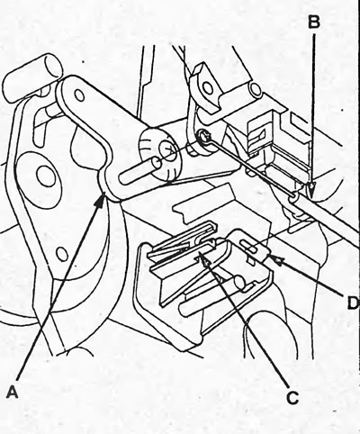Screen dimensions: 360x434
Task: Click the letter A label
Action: pyautogui.click(x=13, y=392)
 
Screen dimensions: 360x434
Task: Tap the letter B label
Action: pyautogui.click(x=314, y=23)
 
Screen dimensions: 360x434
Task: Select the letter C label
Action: pyautogui.click(x=292, y=397)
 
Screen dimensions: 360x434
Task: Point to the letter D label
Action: pyautogui.click(x=353, y=303)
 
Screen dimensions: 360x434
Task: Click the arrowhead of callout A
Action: pyautogui.click(x=101, y=201)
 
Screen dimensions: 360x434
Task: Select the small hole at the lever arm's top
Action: pyautogui.click(x=79, y=95)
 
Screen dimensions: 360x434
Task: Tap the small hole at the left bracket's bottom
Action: pyautogui.click(x=62, y=254)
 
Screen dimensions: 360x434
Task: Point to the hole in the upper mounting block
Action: pyautogui.click(x=208, y=88)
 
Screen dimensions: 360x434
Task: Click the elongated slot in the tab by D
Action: pyautogui.click(x=249, y=247)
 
